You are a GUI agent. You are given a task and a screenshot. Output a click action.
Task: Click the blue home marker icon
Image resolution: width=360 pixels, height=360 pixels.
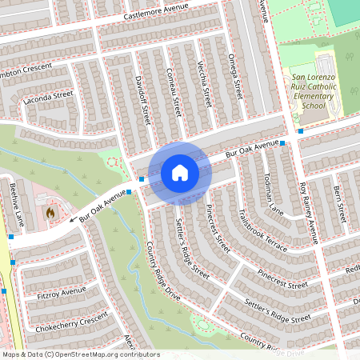tap(179, 173)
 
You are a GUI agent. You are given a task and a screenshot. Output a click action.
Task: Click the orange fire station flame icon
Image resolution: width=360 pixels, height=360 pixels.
tap(51, 214)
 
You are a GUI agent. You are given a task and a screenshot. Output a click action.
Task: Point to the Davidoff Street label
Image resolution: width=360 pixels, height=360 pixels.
tap(142, 100)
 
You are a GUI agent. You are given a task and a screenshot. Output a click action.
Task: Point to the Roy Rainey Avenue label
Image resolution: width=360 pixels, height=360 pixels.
tap(309, 212)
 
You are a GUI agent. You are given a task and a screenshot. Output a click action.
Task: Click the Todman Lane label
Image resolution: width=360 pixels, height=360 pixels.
tap(272, 197)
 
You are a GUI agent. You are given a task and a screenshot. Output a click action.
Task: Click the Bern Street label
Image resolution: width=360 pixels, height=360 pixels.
tap(339, 206)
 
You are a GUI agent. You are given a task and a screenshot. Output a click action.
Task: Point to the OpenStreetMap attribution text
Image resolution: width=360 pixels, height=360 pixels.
tap(81, 354)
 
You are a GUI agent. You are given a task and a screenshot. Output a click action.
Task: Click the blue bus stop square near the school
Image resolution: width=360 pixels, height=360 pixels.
tap(301, 130)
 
